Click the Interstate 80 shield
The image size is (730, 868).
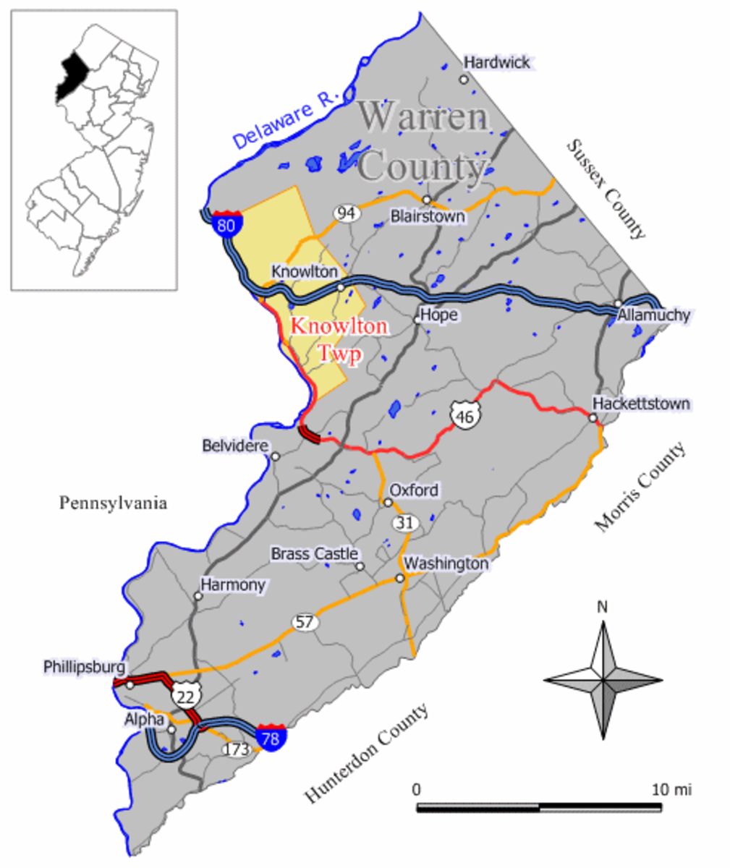(226, 224)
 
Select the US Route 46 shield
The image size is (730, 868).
(462, 415)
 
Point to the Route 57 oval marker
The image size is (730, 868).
(305, 621)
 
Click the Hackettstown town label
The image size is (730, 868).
(641, 404)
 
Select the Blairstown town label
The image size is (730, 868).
(427, 216)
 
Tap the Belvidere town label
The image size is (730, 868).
(235, 446)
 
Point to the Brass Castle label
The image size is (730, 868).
(314, 554)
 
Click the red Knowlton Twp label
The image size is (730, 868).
(339, 340)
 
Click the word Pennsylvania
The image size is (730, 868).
(113, 503)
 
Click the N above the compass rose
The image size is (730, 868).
(602, 607)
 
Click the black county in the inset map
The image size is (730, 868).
(72, 77)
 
